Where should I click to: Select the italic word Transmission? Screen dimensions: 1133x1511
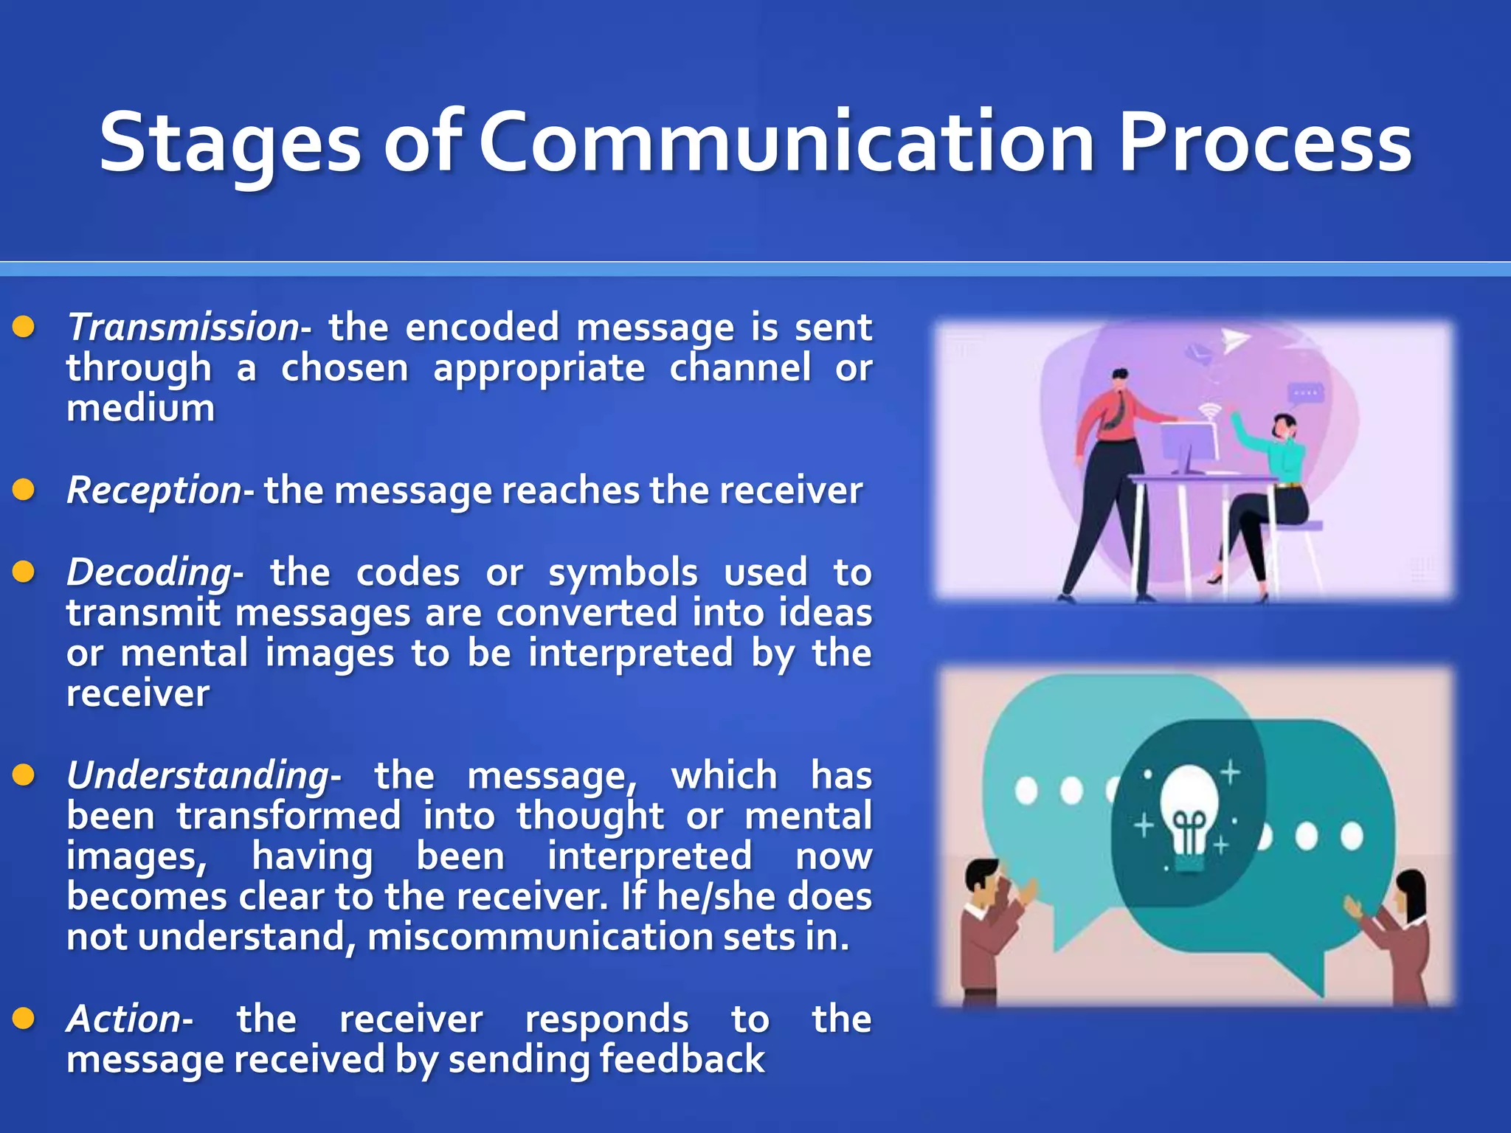coord(183,327)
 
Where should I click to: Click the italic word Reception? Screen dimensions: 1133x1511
coord(153,491)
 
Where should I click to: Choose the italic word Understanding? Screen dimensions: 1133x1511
coord(198,775)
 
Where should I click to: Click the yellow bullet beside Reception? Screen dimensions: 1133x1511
coord(24,490)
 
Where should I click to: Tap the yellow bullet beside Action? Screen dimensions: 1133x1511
coord(24,1019)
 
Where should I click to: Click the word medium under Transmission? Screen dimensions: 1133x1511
coord(140,408)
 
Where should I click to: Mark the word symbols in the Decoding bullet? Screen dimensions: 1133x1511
coord(622,572)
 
